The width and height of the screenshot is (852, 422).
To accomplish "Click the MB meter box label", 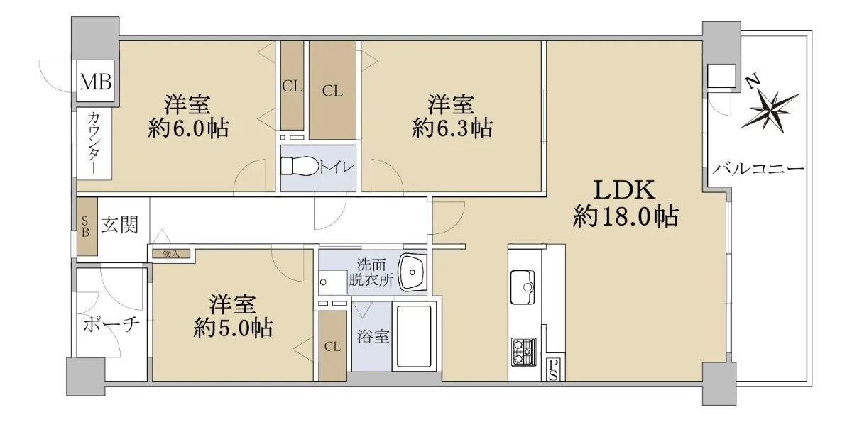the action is pos(95,82).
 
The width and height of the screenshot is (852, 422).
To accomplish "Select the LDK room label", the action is pos(625,190).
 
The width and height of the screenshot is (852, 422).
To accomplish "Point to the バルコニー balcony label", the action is pos(758,168).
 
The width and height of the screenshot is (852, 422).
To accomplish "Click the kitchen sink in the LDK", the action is pos(523,287).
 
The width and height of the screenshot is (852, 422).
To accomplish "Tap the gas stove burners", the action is pos(523,352).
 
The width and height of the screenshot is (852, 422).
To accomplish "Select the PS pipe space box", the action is pos(553,370).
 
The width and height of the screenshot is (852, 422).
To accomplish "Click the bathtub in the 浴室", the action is pos(414,336).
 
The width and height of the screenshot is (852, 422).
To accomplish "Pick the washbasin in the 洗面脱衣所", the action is pos(412,272).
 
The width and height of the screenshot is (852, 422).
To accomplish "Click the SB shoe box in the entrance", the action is pos(87,226).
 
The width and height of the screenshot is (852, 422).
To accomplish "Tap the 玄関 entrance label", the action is pos(119,225).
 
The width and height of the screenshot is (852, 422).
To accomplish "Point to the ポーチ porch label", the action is pos(111,325).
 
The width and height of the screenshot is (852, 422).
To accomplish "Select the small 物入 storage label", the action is pos(171,254).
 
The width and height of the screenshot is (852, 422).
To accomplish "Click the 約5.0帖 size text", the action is pos(233,328).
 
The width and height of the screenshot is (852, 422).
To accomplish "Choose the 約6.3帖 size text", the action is pos(452,128).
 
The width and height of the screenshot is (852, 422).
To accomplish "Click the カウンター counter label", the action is pos(94,143).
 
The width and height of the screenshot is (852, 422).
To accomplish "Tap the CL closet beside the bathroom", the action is pos(332,346).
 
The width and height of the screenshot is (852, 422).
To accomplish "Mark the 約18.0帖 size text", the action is pos(626,216).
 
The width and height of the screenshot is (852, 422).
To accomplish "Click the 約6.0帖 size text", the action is pos(188,128).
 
